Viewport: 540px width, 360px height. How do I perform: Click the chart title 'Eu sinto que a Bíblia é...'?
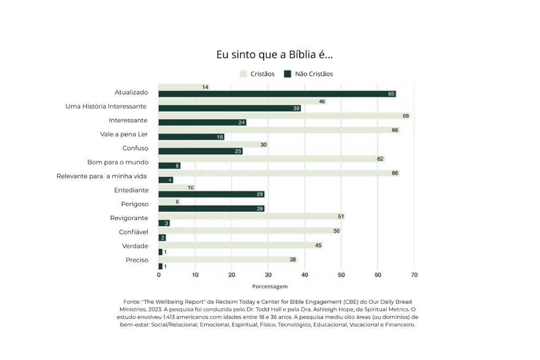[x=274, y=54]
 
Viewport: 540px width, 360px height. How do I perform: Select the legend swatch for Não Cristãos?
[x=287, y=74]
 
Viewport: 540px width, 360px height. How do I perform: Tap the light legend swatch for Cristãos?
[x=244, y=74]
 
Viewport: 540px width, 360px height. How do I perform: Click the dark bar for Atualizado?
[x=277, y=94]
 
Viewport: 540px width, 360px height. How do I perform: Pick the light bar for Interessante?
[x=284, y=116]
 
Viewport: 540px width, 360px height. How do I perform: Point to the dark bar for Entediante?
[x=211, y=194]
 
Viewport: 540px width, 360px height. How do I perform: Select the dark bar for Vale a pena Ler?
[x=191, y=137]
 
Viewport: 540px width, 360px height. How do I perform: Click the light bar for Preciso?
[x=228, y=259]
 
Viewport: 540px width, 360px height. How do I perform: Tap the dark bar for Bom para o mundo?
[x=169, y=166]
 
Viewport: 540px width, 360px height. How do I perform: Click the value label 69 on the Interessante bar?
[x=406, y=116]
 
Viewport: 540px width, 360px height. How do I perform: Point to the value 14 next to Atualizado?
[x=205, y=87]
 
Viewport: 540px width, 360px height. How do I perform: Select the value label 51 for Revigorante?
[x=341, y=217]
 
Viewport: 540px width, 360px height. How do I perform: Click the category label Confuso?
[x=136, y=148]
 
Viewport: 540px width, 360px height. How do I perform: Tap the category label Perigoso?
[x=134, y=204]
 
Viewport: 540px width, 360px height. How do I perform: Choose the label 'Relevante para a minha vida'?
[x=102, y=176]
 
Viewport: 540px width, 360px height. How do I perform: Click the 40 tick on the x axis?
[x=305, y=275]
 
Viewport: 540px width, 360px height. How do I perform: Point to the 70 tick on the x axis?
[x=414, y=275]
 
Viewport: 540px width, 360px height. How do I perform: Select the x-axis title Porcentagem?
[x=269, y=286]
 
